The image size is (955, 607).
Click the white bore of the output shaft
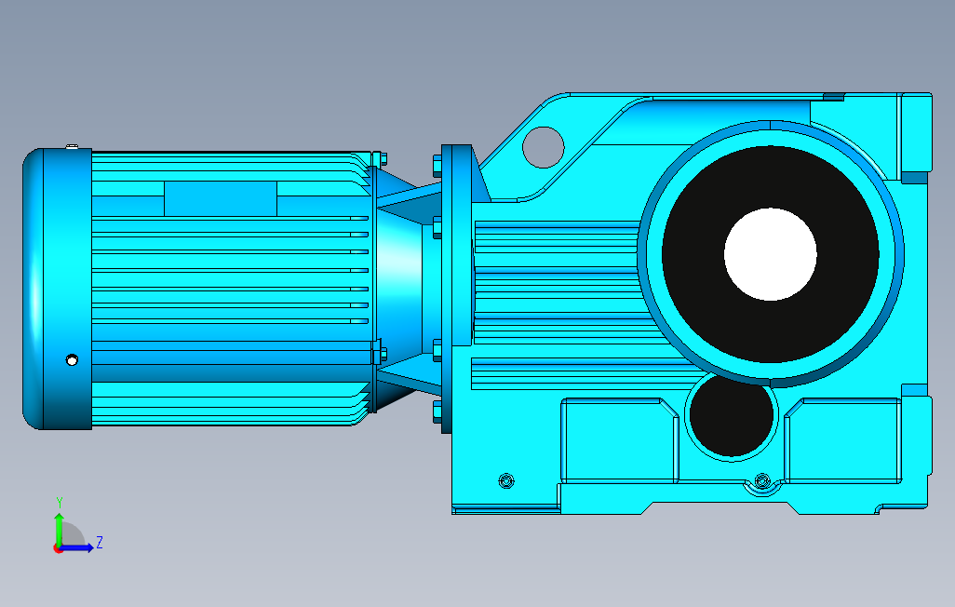[771, 254]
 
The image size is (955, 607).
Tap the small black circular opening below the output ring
[732, 415]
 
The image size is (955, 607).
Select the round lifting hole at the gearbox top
[544, 147]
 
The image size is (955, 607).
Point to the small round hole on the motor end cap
[72, 360]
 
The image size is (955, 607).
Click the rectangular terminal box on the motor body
[221, 198]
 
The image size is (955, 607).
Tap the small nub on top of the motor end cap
[72, 146]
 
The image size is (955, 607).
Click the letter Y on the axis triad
[60, 502]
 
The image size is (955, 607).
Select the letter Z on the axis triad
[100, 542]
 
